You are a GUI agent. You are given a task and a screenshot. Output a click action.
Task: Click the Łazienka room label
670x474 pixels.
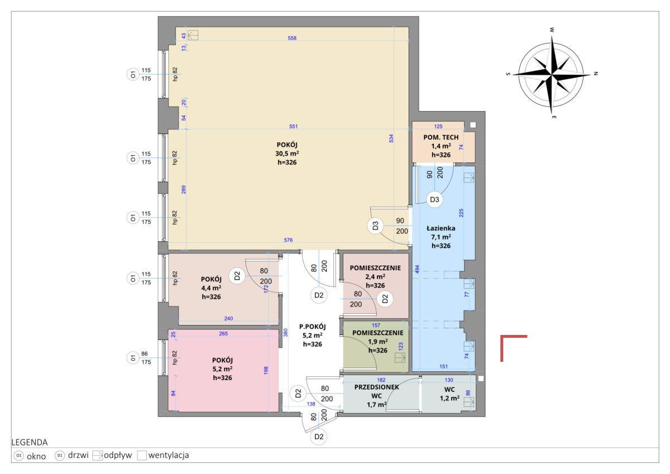(x=441, y=228)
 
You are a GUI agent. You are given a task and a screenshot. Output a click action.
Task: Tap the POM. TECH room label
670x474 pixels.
(x=441, y=137)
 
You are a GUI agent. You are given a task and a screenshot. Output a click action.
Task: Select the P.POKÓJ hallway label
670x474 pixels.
(x=312, y=327)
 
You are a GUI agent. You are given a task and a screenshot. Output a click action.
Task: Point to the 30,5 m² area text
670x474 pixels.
(x=287, y=154)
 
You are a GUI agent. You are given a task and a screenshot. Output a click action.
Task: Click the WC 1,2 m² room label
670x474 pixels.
(x=449, y=394)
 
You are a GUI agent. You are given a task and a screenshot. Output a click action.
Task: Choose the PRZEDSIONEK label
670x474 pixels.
(x=376, y=387)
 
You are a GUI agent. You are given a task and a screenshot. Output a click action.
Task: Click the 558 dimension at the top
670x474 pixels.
(x=292, y=38)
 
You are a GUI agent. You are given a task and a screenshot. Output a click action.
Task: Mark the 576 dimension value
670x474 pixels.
(x=288, y=240)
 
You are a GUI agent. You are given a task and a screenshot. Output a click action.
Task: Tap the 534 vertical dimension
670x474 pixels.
(x=391, y=138)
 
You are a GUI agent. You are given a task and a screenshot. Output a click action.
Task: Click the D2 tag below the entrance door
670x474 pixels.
(x=319, y=437)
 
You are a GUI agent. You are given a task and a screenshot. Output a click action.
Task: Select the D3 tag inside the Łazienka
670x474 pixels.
(x=434, y=199)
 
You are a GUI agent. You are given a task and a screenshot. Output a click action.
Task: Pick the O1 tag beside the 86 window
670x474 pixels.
(x=132, y=358)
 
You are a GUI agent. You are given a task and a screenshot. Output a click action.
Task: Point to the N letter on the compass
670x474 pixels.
(x=596, y=73)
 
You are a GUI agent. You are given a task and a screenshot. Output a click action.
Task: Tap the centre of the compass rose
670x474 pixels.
(x=551, y=74)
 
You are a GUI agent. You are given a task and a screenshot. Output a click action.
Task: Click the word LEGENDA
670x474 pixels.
(x=29, y=442)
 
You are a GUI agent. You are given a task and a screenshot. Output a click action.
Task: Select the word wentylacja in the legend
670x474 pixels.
(x=169, y=455)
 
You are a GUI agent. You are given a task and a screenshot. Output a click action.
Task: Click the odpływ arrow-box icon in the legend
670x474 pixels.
(x=97, y=456)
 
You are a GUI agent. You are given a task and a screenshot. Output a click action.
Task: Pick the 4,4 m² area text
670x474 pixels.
(x=211, y=288)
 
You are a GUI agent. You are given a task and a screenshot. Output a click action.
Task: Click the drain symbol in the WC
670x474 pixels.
(x=468, y=401)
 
